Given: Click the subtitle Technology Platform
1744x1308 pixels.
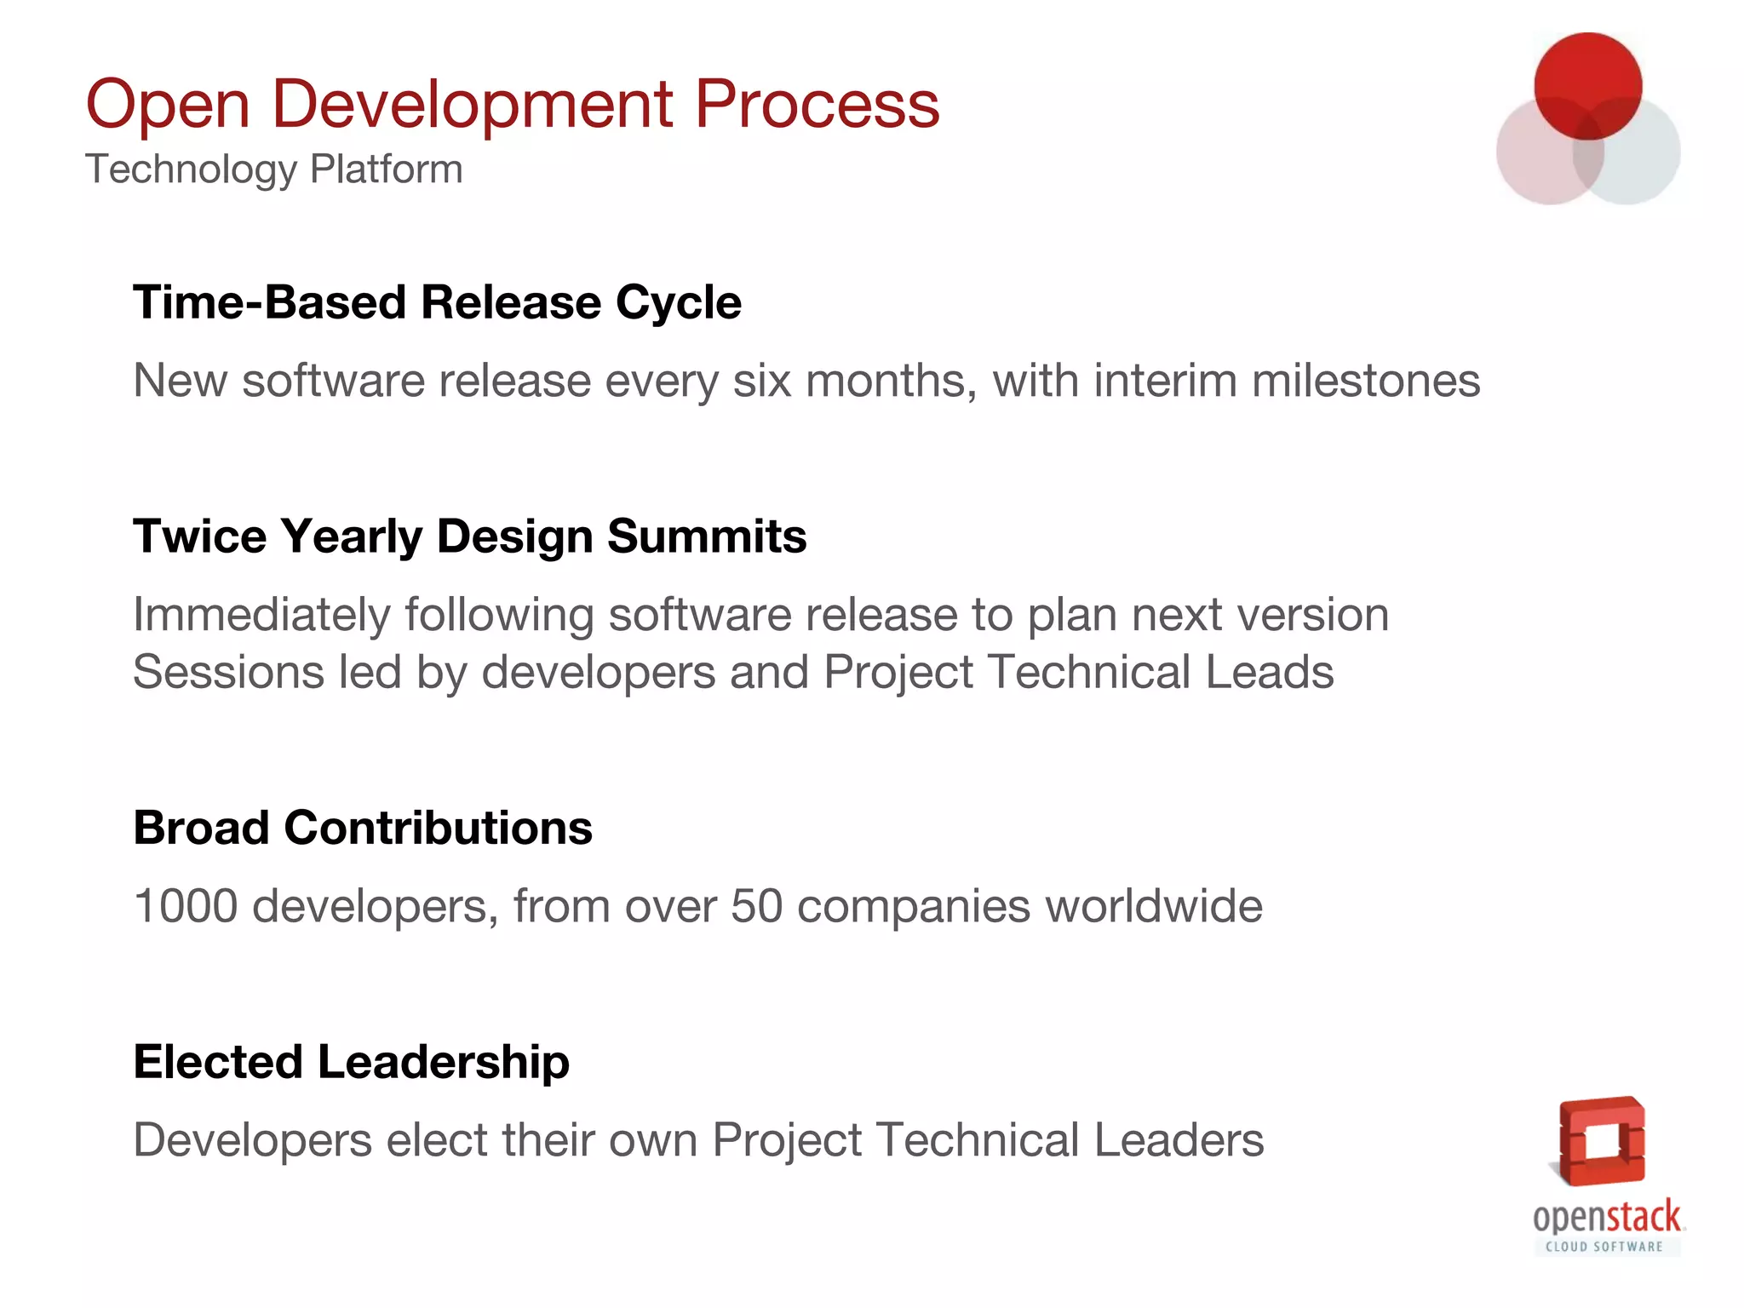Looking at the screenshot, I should click(273, 169).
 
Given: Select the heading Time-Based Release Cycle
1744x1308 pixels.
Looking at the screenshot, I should click(437, 302).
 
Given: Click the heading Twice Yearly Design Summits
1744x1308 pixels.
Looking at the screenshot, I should click(469, 536).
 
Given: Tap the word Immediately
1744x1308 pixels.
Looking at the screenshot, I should click(261, 615).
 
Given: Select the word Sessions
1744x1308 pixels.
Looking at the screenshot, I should click(228, 672).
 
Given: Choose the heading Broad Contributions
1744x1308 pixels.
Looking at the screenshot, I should click(363, 828).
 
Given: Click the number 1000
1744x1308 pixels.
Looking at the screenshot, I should click(186, 906).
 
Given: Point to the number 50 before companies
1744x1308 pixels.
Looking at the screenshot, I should click(756, 906).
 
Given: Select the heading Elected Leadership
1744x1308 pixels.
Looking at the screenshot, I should click(351, 1062).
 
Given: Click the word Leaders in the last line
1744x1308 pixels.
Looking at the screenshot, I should click(1179, 1140).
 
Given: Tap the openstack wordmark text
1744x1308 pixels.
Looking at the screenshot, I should click(1607, 1218).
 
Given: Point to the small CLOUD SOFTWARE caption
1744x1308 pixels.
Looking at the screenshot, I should click(1604, 1247).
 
